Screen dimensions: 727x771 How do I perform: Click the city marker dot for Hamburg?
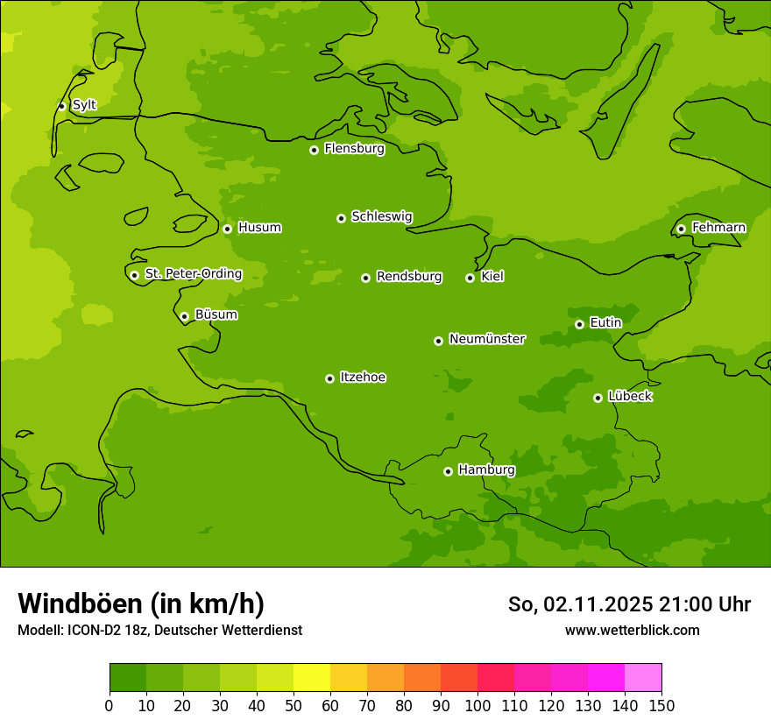click(448, 471)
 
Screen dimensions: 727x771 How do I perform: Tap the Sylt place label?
click(84, 105)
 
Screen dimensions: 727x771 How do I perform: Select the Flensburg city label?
click(354, 149)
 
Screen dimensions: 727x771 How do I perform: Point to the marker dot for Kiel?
click(470, 278)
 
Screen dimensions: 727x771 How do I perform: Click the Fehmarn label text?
click(718, 228)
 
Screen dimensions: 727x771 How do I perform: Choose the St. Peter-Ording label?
click(193, 274)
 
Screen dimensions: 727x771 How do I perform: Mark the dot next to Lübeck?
click(598, 398)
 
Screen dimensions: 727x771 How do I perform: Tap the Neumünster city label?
click(486, 339)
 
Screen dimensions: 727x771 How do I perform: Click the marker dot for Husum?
click(227, 229)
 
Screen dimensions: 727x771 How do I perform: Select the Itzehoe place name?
click(363, 378)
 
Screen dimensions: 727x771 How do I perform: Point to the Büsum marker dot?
click(184, 316)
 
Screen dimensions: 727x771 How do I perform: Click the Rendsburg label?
click(409, 277)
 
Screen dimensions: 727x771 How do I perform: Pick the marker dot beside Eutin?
click(579, 324)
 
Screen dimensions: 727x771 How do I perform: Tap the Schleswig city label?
click(381, 216)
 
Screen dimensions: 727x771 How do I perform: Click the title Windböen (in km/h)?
click(141, 603)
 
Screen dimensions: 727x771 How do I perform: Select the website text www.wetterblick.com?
click(632, 630)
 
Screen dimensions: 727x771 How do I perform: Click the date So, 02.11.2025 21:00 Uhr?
click(629, 604)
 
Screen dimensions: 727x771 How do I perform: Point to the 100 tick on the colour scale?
click(477, 705)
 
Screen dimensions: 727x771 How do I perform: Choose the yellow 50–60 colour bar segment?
click(312, 678)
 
